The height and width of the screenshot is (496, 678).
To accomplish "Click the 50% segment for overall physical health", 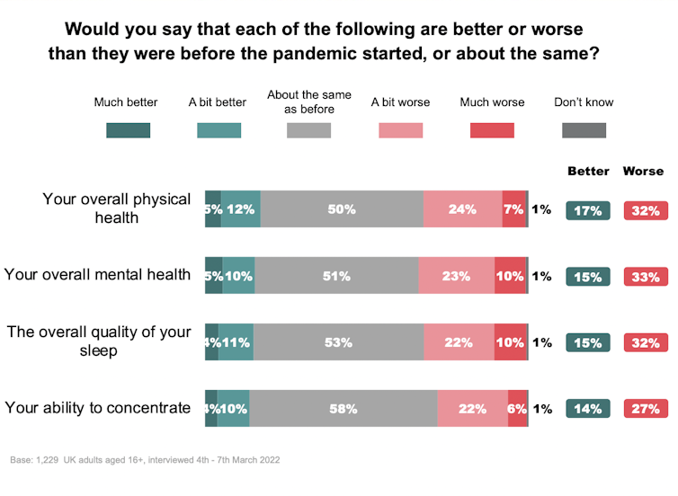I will click(342, 209).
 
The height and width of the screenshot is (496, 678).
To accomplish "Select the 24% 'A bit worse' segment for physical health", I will click(462, 209).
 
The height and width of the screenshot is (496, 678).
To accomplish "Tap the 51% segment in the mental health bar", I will click(336, 276).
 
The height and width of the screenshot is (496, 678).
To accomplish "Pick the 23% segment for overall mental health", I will click(456, 276).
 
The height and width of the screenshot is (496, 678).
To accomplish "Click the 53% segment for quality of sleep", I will click(338, 342).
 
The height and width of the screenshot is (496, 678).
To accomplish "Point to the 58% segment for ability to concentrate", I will click(343, 409).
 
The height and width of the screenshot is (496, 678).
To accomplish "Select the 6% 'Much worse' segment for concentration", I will click(517, 409).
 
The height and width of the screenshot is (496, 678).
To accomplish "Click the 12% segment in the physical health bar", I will click(240, 209).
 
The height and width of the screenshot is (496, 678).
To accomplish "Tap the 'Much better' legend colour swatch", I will click(129, 130).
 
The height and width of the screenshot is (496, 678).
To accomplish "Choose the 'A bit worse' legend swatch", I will click(400, 130).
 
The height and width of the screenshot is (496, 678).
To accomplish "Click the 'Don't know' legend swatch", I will click(584, 130).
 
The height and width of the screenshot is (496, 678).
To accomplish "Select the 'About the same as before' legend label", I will click(309, 102).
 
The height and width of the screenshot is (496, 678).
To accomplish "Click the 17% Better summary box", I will click(588, 211).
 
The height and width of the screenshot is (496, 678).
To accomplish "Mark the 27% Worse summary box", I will click(646, 409).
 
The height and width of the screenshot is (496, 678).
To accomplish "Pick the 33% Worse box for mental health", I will click(646, 277).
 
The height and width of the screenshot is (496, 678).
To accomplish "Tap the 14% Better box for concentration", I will click(588, 409).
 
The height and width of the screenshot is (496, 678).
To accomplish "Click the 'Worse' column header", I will click(643, 171).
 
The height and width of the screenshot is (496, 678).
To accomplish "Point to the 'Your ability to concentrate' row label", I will click(98, 408).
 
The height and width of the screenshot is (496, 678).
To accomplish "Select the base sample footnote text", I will click(145, 460).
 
